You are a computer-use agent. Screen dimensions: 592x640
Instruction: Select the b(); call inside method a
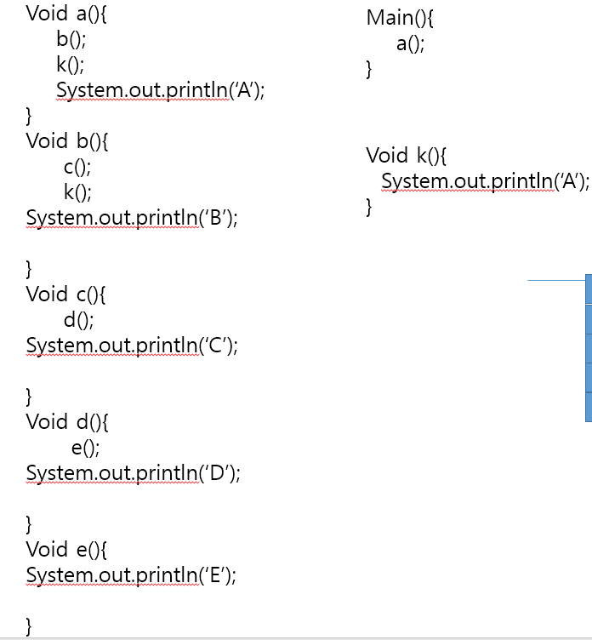point(71,39)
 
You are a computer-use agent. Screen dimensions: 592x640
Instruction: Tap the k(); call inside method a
point(71,65)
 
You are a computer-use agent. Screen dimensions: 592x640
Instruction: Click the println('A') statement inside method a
point(160,90)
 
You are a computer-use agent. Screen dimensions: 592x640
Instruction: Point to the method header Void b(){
point(67,141)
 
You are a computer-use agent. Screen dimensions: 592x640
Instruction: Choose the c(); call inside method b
point(77,167)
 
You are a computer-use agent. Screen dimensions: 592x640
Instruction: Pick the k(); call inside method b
point(77,192)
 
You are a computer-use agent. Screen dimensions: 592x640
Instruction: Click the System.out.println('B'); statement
point(132,218)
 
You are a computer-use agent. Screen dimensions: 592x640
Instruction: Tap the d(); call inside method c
point(78,320)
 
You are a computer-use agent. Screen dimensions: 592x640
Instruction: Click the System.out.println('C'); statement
point(132,346)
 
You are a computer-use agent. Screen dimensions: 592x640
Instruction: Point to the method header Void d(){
point(67,422)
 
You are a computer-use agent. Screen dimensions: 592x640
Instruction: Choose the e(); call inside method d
point(86,448)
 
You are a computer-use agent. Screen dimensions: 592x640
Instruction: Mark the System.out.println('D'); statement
point(133,473)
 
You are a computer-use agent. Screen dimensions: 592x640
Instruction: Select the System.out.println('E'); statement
point(131,575)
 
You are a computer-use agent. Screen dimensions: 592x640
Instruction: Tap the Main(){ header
point(400,18)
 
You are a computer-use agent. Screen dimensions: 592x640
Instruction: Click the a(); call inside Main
point(410,44)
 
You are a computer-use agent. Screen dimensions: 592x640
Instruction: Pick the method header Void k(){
point(407,155)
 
